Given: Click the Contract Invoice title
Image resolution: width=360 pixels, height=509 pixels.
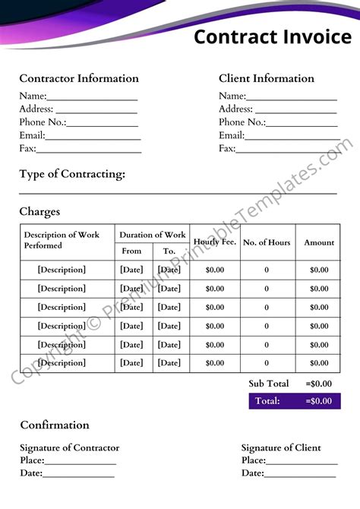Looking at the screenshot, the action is (x=272, y=36).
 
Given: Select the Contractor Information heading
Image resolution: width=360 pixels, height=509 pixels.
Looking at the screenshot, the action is (x=79, y=78).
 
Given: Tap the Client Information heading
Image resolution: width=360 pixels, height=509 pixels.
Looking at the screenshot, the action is (x=267, y=78).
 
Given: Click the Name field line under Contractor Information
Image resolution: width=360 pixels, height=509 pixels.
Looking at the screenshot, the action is (x=92, y=99).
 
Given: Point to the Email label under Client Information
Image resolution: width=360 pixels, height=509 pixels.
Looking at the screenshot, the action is (x=231, y=135).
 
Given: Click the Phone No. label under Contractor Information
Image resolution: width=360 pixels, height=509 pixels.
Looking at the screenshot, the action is (x=43, y=122).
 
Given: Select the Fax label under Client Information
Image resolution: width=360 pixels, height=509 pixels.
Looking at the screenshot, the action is (x=227, y=148).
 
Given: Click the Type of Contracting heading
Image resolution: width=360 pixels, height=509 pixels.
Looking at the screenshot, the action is (x=72, y=174).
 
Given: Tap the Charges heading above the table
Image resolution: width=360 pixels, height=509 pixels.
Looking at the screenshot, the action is (x=39, y=212).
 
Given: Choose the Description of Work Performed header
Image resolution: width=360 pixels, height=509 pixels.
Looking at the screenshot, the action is (x=61, y=240).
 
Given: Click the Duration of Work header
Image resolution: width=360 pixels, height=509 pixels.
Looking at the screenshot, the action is (x=152, y=235).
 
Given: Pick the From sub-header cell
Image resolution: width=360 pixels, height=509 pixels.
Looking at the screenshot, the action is (x=131, y=251).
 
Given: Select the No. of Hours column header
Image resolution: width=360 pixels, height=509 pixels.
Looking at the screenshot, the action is (x=267, y=242).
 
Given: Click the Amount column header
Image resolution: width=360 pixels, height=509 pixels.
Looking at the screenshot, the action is (x=319, y=242).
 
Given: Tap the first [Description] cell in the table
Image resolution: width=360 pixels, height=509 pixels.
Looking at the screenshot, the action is (x=62, y=270).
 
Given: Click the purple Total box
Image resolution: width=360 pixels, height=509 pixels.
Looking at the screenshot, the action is (x=294, y=401).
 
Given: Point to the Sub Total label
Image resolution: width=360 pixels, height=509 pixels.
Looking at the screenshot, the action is (x=269, y=384).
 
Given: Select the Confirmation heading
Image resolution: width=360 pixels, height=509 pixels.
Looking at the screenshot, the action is (x=55, y=425).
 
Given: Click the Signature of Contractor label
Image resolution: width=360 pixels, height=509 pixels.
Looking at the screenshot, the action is (x=69, y=447).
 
